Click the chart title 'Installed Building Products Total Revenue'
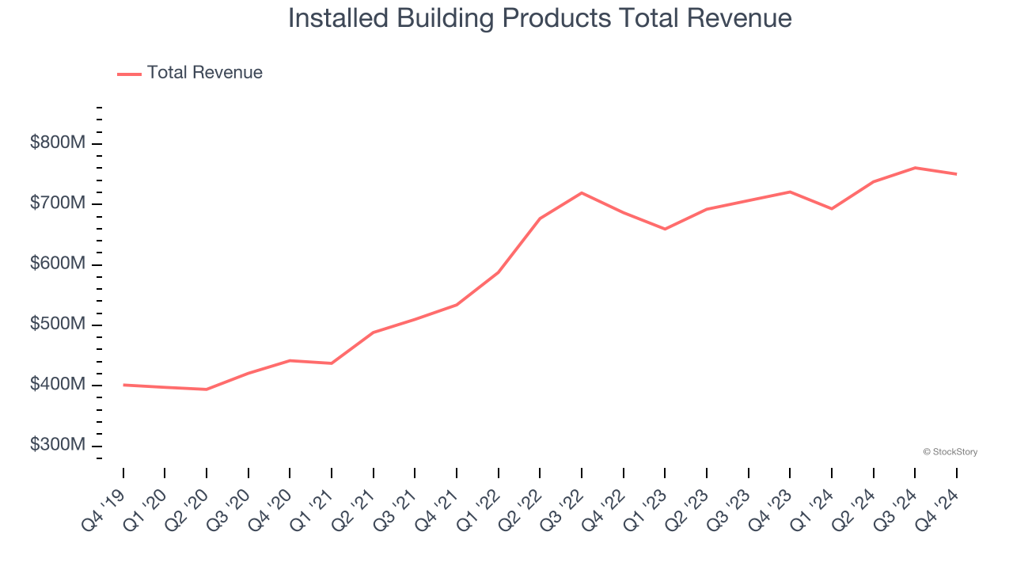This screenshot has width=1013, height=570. coord(540,17)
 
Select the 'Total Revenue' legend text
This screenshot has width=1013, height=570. coord(204,73)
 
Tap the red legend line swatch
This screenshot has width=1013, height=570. coord(129,74)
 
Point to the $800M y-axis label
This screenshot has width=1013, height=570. coord(58,143)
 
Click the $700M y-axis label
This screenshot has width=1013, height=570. coord(58,203)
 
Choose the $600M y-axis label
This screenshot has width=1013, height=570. coord(58,264)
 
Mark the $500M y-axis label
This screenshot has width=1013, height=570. coord(58,325)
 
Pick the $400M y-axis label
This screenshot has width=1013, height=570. coord(58,385)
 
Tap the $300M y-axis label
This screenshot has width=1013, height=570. coord(58,445)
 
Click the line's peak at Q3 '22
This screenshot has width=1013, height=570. coord(582,192)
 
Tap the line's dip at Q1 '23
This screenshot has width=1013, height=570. coord(665,229)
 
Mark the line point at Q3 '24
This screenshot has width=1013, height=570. coord(915,168)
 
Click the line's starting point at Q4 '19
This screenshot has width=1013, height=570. coord(123,385)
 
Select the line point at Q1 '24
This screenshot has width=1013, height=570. coord(832,209)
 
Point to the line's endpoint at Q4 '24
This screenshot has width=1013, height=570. coord(957,174)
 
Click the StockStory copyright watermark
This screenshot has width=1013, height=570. coord(950,452)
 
